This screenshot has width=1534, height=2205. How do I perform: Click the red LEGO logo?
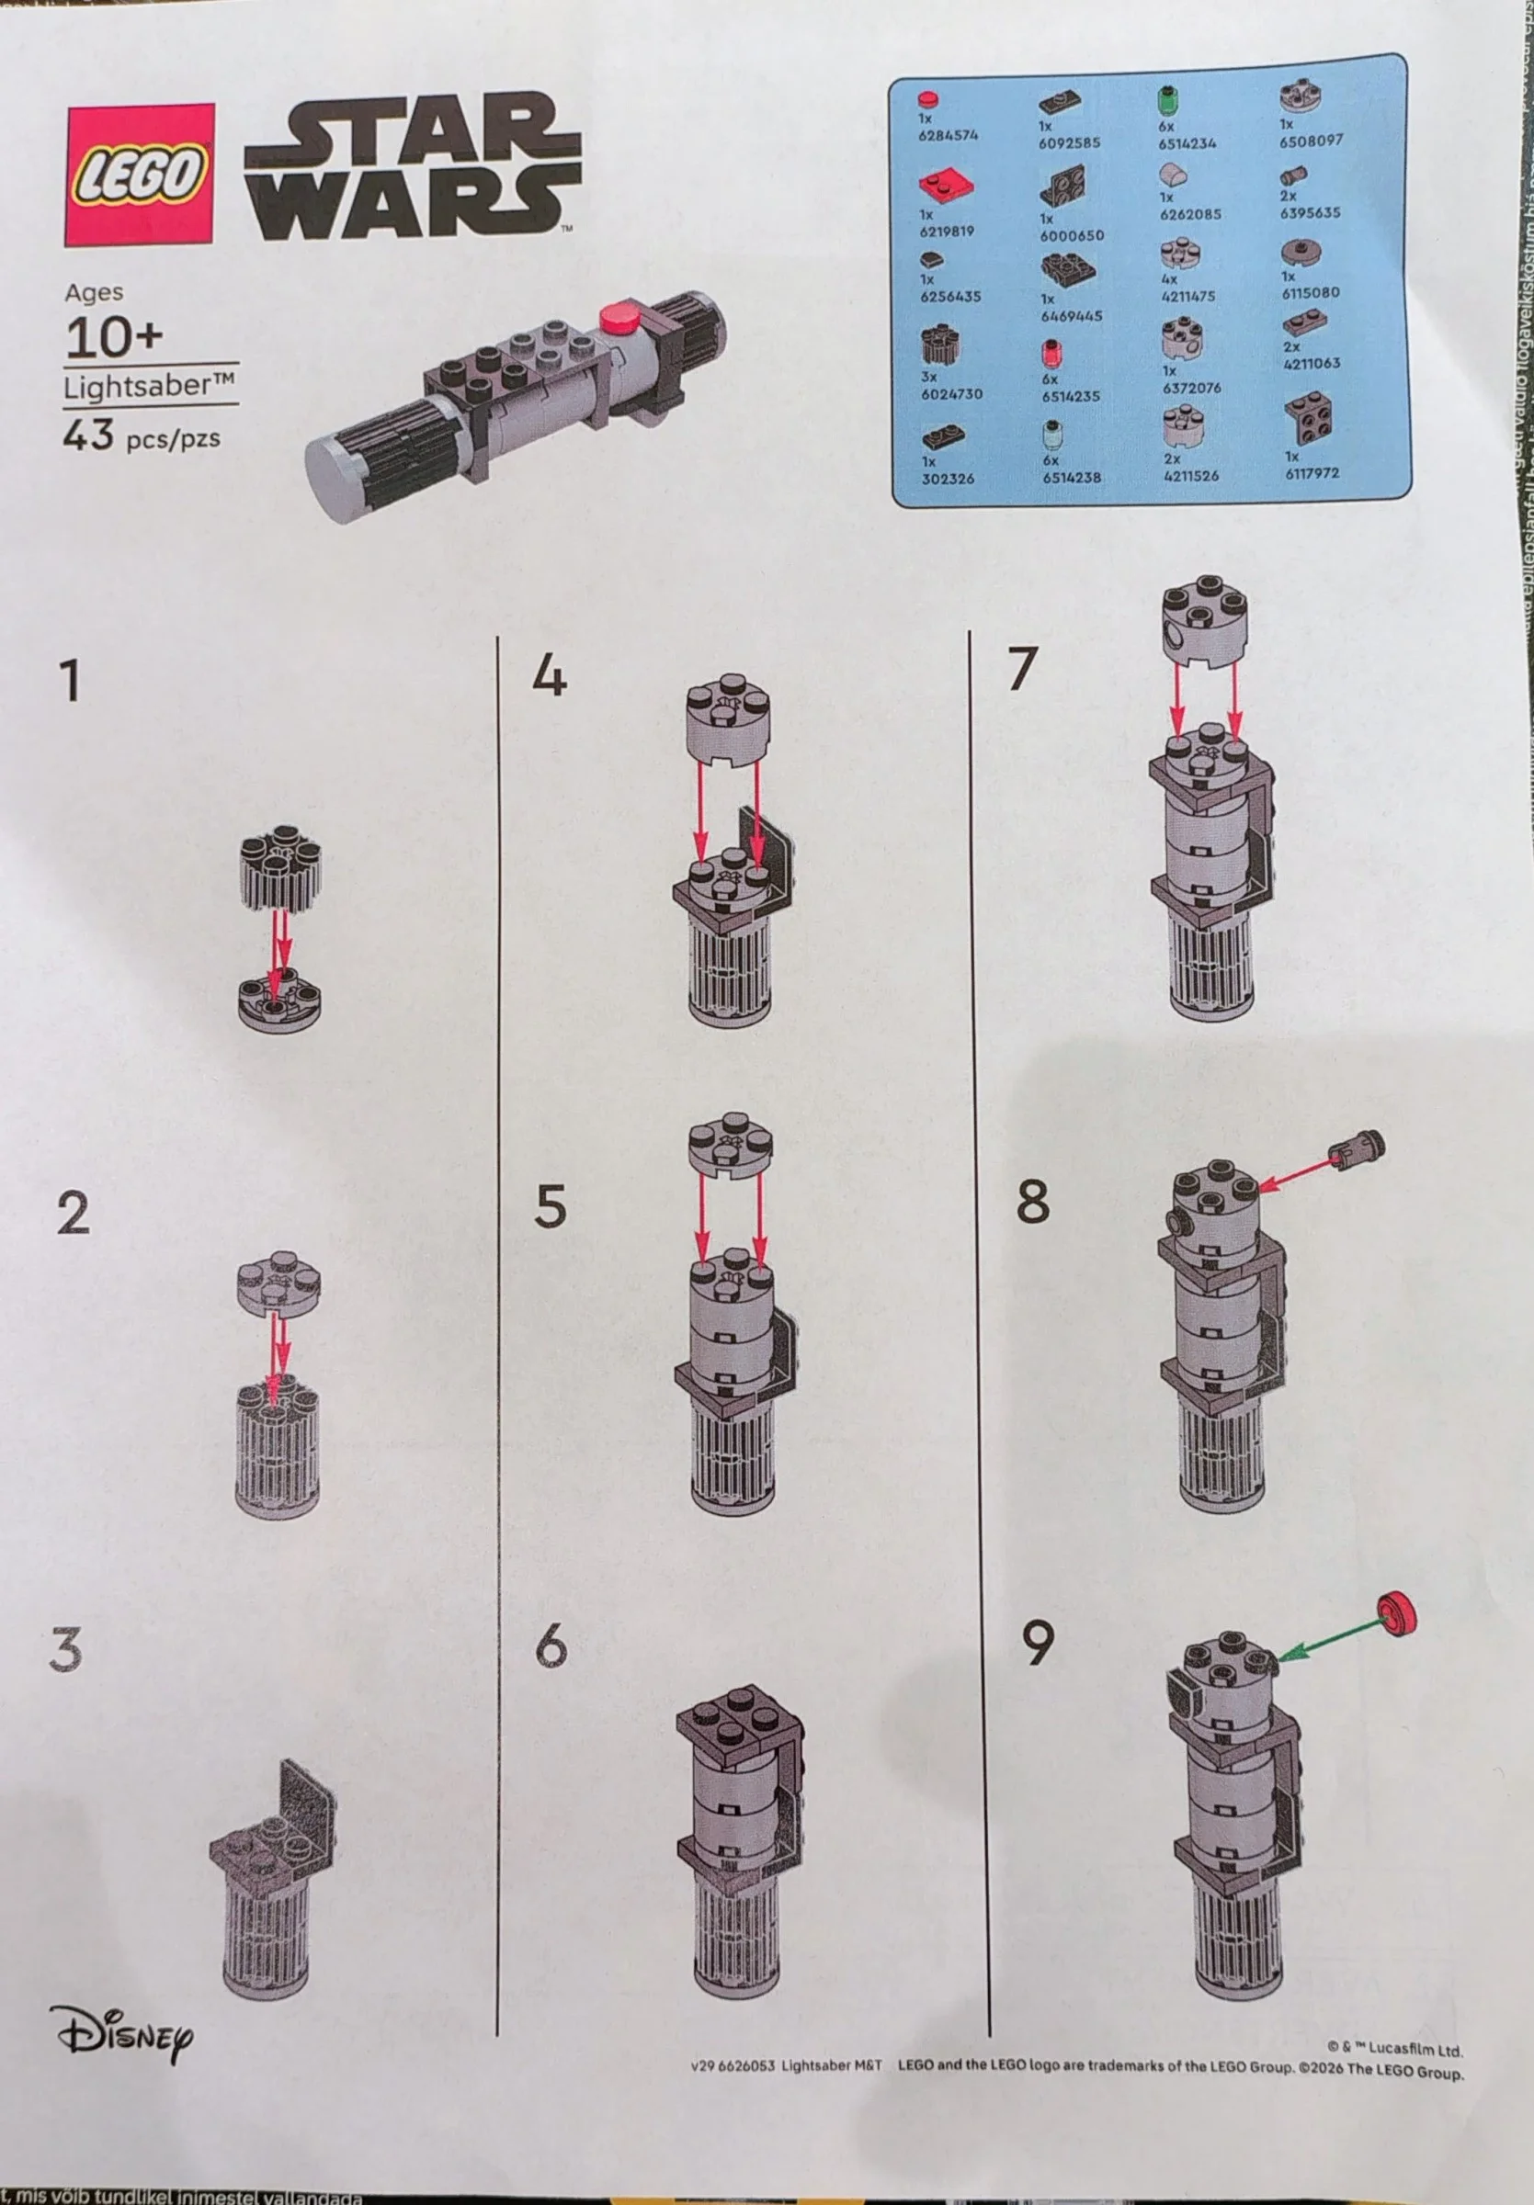[140, 175]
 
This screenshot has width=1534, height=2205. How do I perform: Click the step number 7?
[1022, 669]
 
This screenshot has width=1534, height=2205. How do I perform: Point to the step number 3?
[65, 1648]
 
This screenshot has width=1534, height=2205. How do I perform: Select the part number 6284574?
[947, 135]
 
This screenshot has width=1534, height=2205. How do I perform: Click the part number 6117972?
[1312, 472]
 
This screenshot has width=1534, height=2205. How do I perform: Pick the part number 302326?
[947, 479]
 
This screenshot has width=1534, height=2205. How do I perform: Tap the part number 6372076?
[1191, 388]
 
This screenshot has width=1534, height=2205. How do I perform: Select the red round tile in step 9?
[1398, 1612]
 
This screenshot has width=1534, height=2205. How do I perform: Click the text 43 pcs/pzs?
[142, 436]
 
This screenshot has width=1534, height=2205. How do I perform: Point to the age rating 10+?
[113, 337]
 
